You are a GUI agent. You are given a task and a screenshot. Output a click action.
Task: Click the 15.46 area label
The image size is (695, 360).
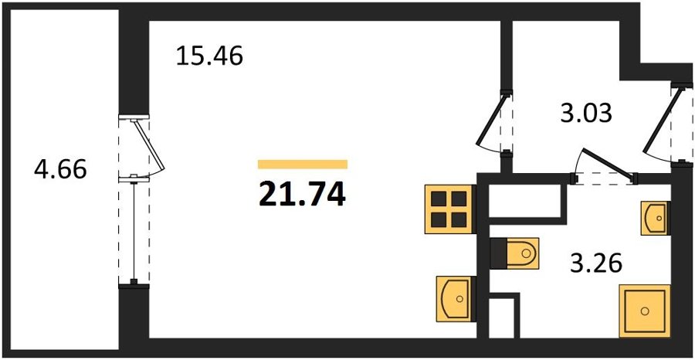[x=210, y=56]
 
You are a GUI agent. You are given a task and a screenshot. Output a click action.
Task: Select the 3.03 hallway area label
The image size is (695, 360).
[x=585, y=114]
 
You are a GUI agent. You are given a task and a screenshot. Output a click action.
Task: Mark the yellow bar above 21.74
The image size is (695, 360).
[x=302, y=164]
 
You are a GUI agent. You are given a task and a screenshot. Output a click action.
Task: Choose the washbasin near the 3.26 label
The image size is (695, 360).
[x=655, y=217]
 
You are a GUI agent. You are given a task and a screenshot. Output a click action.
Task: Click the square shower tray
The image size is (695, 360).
[x=645, y=311]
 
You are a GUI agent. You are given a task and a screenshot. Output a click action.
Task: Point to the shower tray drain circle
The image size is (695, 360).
[x=645, y=311]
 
